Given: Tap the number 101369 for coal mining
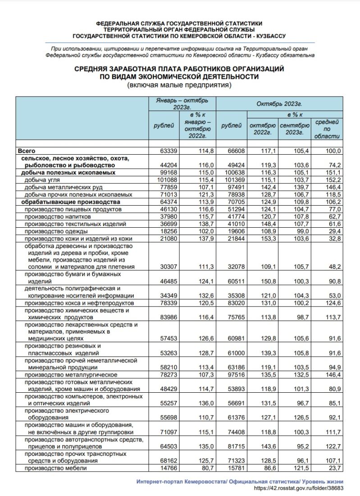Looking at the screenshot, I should pos(232,180).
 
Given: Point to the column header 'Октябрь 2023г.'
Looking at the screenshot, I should pos(279,104).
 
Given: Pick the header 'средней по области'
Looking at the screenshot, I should pos(327,129).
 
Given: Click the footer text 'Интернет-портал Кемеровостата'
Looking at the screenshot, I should pos(181,481).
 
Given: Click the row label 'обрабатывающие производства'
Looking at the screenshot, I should pos(64,202).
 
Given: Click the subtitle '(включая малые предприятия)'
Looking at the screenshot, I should pos(179,85).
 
